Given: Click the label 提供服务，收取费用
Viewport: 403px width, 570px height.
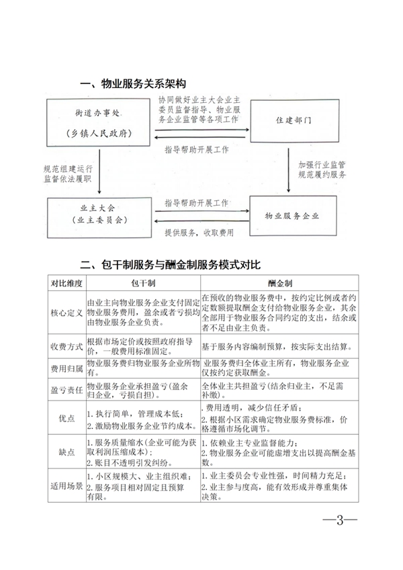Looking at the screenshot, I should tap(199, 233).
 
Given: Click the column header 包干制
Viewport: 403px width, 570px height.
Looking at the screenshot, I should tap(142, 284).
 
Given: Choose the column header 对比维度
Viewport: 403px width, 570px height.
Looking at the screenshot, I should tap(66, 284).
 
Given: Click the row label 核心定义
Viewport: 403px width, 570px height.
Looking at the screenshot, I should tap(66, 313).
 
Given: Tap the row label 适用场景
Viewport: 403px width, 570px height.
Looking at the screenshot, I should tap(66, 484).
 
